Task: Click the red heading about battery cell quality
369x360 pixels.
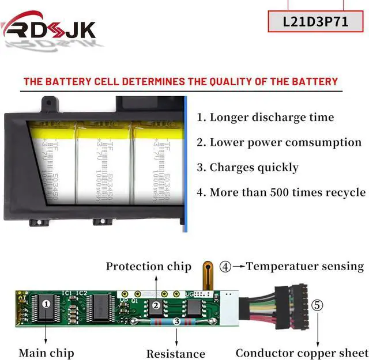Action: pyautogui.click(x=180, y=81)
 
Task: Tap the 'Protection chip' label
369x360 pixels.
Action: pyautogui.click(x=148, y=266)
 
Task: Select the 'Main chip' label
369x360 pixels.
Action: pyautogui.click(x=46, y=352)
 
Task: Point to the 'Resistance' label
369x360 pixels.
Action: pyautogui.click(x=176, y=354)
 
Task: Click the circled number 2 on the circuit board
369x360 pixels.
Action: pyautogui.click(x=155, y=306)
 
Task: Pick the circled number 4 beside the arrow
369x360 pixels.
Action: pyautogui.click(x=225, y=266)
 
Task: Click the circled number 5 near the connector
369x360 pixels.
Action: pyautogui.click(x=318, y=305)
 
